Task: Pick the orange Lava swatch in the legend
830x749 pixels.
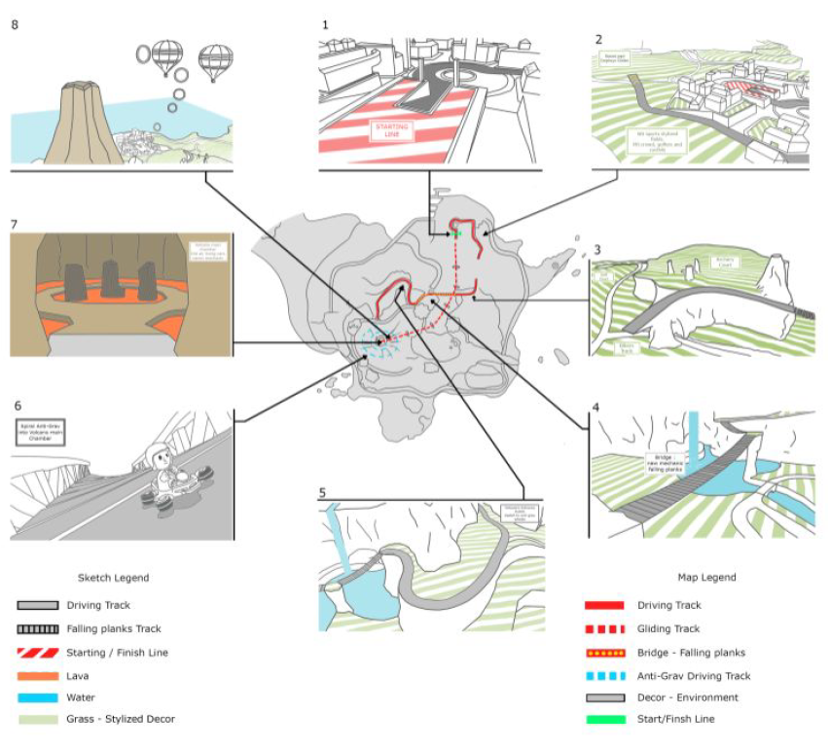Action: pyautogui.click(x=38, y=675)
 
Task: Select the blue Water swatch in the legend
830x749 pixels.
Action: pyautogui.click(x=38, y=697)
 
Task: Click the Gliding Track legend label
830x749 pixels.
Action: pyautogui.click(x=668, y=627)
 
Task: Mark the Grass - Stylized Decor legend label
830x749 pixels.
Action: pyautogui.click(x=120, y=720)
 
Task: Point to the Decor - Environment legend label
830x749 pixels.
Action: pyautogui.click(x=688, y=697)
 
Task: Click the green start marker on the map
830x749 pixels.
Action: pyautogui.click(x=453, y=234)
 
